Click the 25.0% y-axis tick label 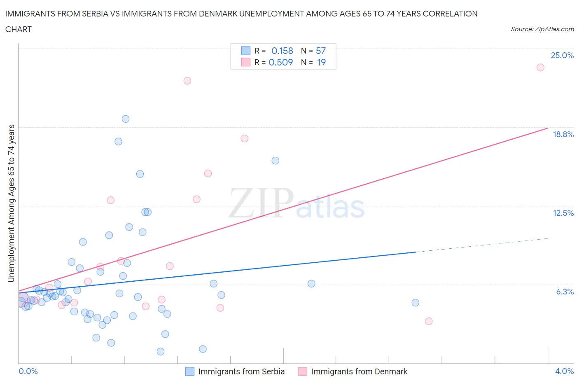[x=562, y=55]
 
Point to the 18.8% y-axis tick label [x=563, y=134]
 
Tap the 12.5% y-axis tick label [x=563, y=213]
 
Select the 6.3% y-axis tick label [x=565, y=292]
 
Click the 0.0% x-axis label [x=28, y=371]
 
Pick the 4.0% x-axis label [x=564, y=371]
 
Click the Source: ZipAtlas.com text [x=542, y=29]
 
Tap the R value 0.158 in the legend [x=282, y=51]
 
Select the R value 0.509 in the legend [x=280, y=62]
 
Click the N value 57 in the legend [x=320, y=51]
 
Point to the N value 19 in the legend [x=321, y=62]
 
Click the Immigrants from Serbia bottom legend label [x=241, y=371]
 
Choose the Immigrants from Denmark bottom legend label [x=359, y=371]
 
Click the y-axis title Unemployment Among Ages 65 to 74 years [x=12, y=203]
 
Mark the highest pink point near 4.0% [x=540, y=67]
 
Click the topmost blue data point [x=126, y=119]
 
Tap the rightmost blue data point [x=415, y=303]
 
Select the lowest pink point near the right [x=429, y=321]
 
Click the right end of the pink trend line [x=548, y=128]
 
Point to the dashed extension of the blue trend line [x=482, y=245]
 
